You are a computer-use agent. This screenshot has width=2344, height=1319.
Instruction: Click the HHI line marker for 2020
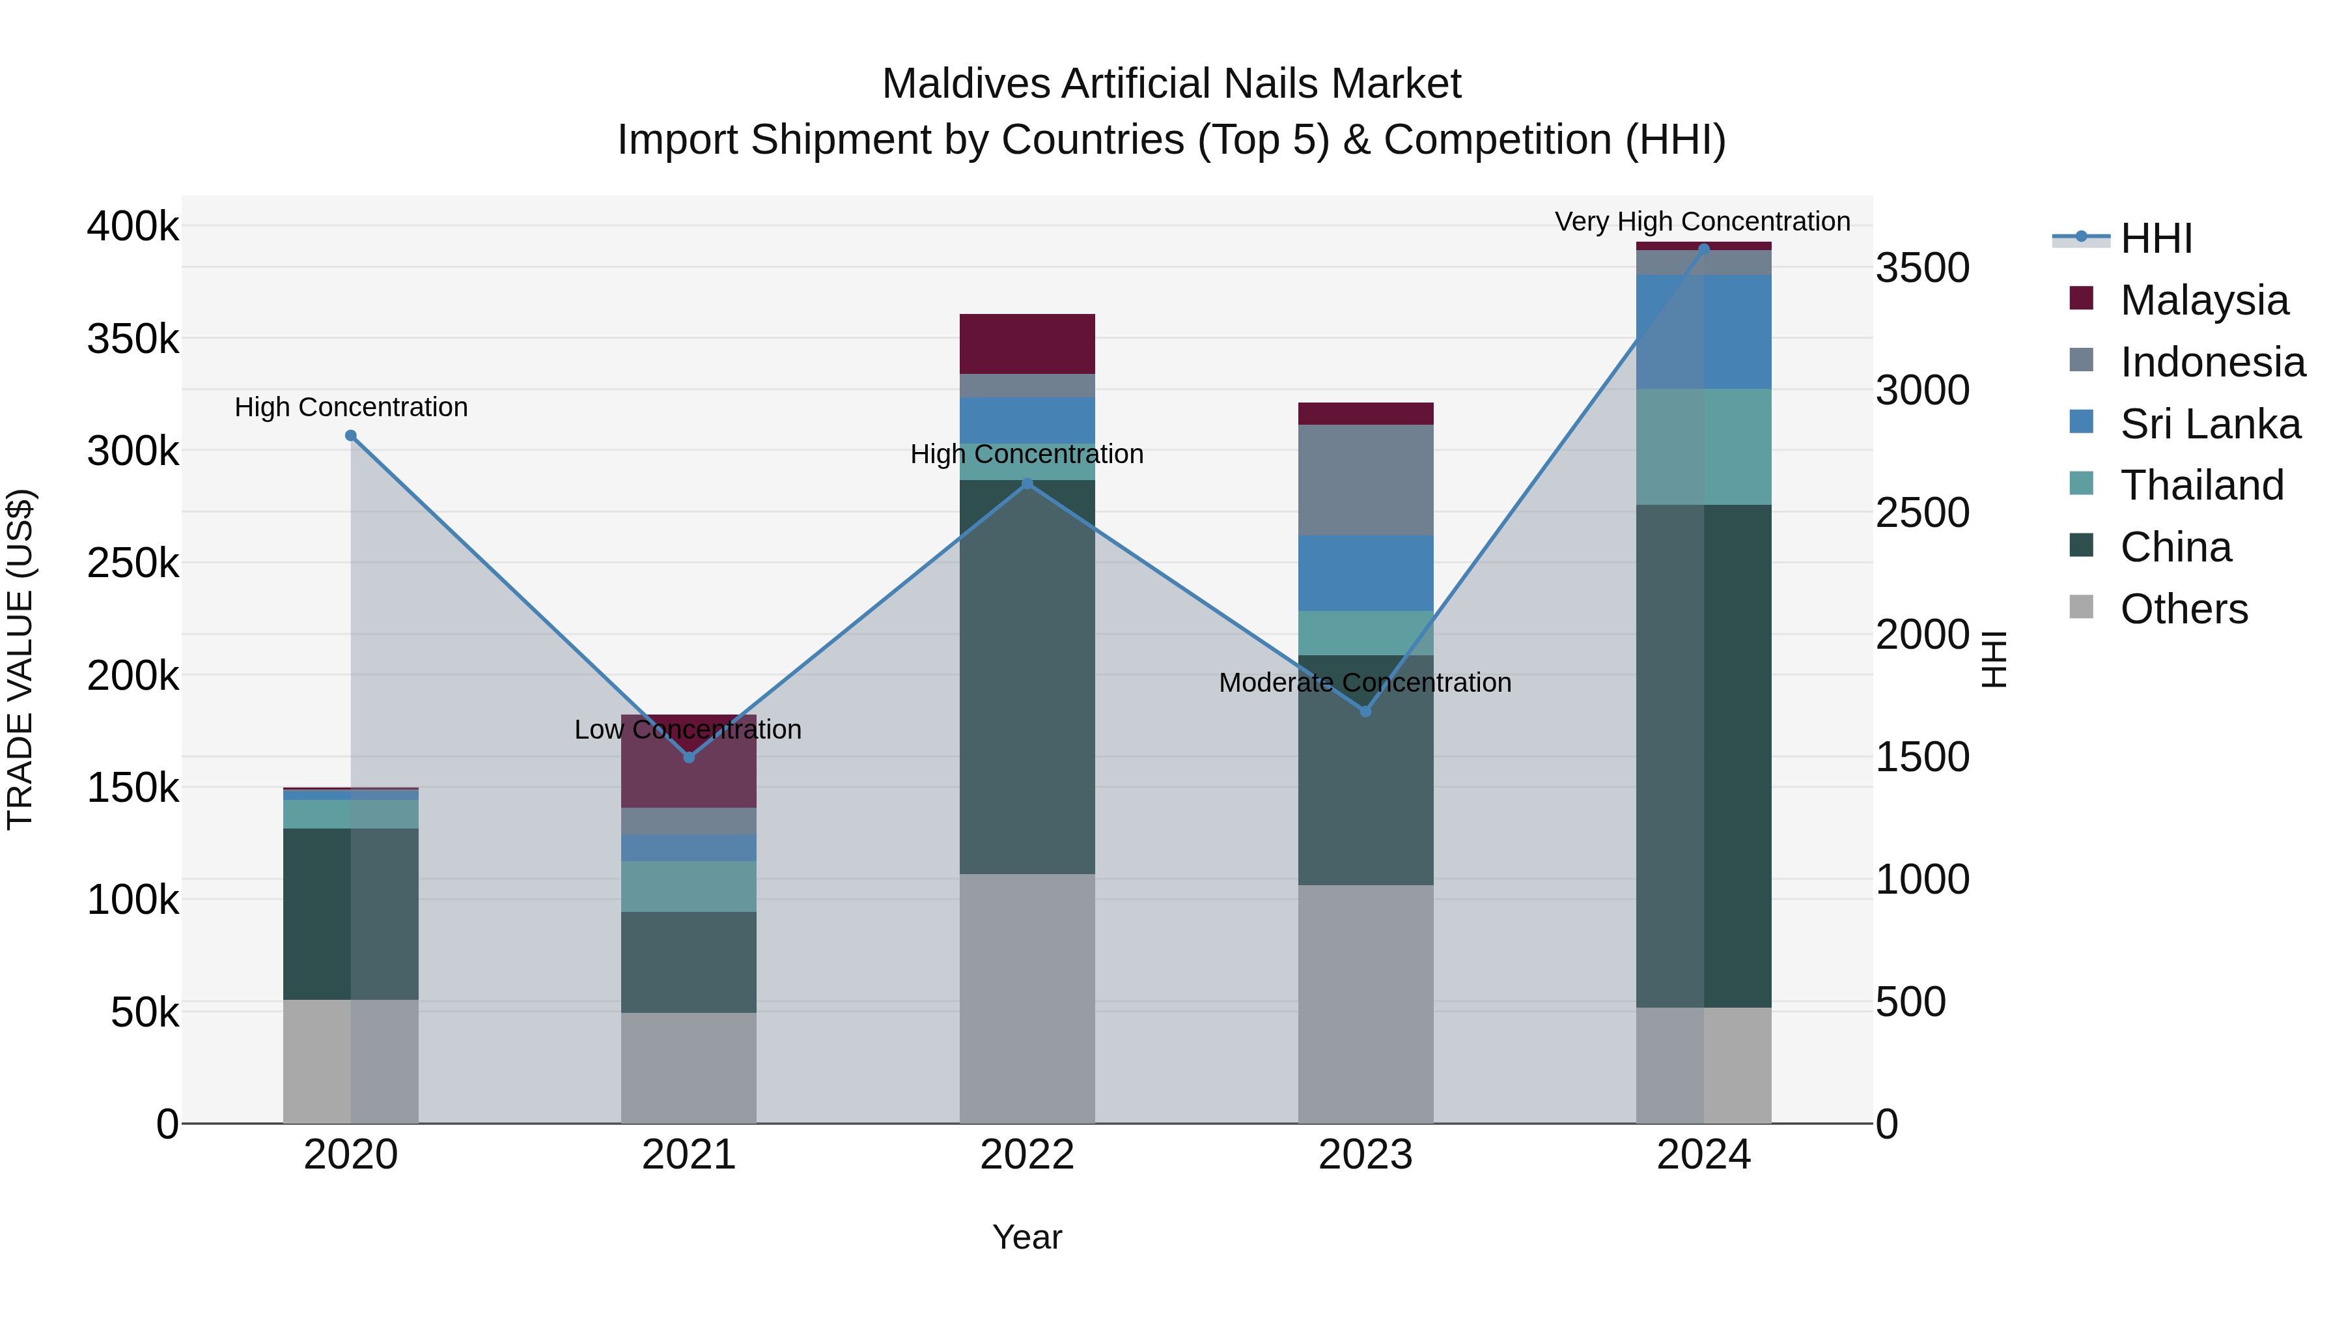(350, 436)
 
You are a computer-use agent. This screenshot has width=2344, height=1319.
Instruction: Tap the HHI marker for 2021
(689, 758)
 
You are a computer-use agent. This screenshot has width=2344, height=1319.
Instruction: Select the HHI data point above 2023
(1365, 711)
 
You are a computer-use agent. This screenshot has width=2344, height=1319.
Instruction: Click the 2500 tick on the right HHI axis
(1922, 513)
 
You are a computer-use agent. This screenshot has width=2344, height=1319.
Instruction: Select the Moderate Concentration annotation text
(1365, 682)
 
